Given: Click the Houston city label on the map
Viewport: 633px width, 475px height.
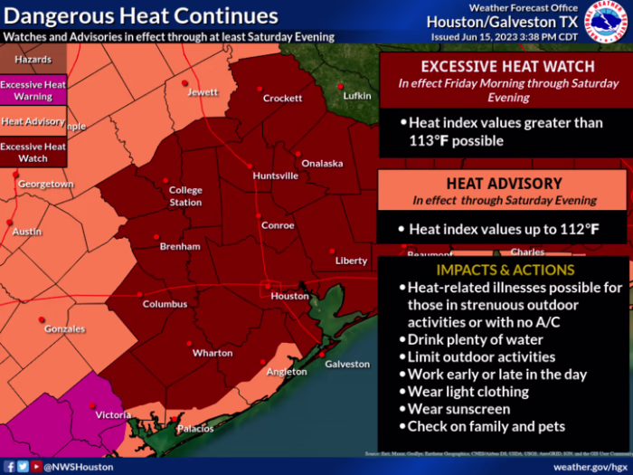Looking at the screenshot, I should click(x=289, y=296).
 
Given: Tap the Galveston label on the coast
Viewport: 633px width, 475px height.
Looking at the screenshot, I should click(x=347, y=364).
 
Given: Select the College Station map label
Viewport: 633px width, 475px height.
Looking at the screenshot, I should click(x=185, y=196).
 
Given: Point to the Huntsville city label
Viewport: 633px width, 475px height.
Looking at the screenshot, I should click(x=275, y=176).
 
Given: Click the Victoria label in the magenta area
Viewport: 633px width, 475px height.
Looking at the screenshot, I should click(x=113, y=415).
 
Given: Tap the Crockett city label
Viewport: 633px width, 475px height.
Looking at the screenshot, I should click(x=282, y=99).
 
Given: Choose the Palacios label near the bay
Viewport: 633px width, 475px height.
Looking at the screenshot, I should click(x=195, y=428).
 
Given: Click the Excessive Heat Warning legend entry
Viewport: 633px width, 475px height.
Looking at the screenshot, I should click(x=33, y=90).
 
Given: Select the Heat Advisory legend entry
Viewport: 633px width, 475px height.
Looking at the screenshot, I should click(x=33, y=121).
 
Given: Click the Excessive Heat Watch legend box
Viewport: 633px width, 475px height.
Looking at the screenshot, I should click(x=33, y=152).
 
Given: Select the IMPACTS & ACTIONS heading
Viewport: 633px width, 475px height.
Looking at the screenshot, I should click(x=505, y=270).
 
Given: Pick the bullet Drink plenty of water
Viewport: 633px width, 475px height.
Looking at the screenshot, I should click(x=475, y=340).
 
